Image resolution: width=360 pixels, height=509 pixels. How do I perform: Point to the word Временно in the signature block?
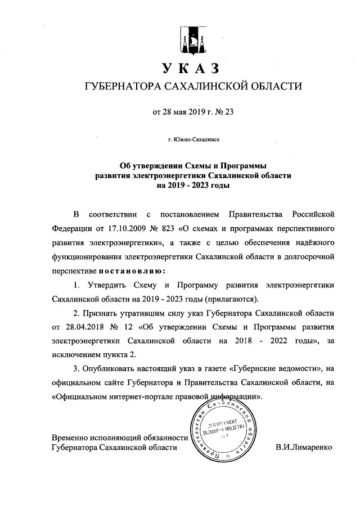pyautogui.click(x=70, y=438)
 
